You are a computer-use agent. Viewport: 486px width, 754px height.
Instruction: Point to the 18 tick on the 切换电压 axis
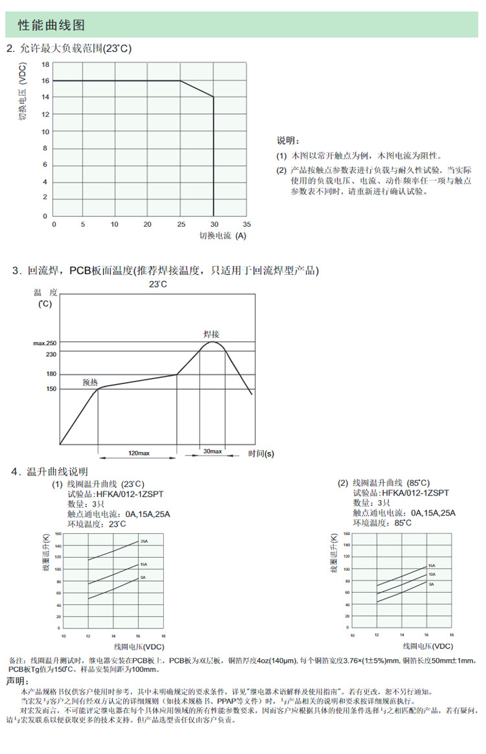coord(45,65)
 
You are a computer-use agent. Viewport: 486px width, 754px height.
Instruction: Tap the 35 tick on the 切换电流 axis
coord(246,224)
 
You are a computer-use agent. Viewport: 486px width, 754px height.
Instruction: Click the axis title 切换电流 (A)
coord(222,236)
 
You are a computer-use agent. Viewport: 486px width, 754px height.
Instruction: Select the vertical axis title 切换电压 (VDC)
coord(22,94)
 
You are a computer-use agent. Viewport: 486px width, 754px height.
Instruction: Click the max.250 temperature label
coord(45,343)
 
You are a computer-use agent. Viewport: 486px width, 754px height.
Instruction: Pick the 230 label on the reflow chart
coord(51,354)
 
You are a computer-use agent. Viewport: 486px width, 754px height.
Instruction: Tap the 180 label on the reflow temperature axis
coord(51,374)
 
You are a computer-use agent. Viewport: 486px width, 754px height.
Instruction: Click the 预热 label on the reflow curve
coord(90,382)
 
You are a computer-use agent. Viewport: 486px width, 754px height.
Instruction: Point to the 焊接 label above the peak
coord(212,334)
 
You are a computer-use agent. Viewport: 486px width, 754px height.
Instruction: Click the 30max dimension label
coord(212,451)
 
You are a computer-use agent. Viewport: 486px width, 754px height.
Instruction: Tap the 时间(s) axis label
coord(261,453)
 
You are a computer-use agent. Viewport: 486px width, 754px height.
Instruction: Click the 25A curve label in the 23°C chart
coord(143,540)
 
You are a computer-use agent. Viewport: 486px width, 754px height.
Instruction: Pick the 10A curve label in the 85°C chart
coord(431,574)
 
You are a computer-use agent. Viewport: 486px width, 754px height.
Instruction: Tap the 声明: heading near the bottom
coord(17,681)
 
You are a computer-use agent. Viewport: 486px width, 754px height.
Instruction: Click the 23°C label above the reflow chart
coord(158,284)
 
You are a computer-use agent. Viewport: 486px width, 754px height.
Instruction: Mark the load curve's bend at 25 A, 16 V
coord(180,81)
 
